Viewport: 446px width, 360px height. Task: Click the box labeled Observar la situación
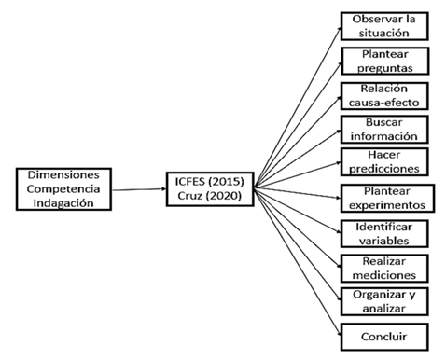coord(384,25)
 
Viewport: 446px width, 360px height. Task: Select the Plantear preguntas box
coord(384,61)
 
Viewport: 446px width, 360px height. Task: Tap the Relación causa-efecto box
coord(384,95)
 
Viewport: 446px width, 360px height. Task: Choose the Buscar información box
coord(384,129)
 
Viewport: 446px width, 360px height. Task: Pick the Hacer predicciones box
coord(384,162)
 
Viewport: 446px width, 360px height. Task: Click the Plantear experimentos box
coord(384,198)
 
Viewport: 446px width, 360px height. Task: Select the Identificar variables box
coord(384,232)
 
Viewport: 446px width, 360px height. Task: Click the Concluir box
coord(384,335)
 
